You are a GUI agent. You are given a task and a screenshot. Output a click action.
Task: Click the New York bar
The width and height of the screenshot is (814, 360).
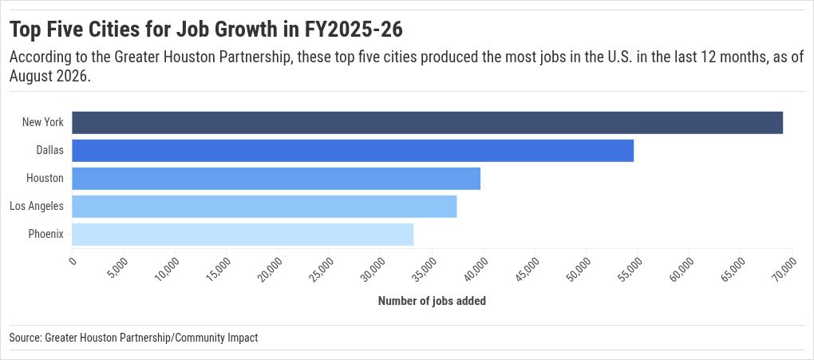coord(427,123)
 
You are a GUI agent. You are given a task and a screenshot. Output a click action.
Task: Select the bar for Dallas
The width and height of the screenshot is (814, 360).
coord(353,151)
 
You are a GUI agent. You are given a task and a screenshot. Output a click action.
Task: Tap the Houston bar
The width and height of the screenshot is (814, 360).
coord(276,178)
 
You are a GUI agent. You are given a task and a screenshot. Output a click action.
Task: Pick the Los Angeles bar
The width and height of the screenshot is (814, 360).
coord(264,206)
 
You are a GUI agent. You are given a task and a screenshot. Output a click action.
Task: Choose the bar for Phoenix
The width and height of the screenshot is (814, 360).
coord(243,235)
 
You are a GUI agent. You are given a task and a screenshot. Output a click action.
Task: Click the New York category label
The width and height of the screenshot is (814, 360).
coord(42,123)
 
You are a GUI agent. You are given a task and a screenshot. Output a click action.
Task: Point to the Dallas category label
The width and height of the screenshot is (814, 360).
coord(49,151)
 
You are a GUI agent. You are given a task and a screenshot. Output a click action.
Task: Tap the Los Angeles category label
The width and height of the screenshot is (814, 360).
coord(37,206)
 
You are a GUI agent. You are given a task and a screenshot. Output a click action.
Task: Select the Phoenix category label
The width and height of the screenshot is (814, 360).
coord(45,235)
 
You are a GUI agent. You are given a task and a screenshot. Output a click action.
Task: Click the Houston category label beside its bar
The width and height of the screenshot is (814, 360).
coord(45,178)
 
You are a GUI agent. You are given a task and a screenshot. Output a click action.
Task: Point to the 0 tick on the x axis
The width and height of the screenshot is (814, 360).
coord(73,261)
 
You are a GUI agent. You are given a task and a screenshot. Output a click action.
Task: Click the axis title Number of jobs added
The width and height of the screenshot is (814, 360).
coord(432,301)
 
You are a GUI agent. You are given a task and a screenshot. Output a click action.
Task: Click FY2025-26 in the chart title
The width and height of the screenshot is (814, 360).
coord(354,30)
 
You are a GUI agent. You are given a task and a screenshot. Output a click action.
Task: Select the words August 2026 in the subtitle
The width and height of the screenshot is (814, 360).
coord(46,77)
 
